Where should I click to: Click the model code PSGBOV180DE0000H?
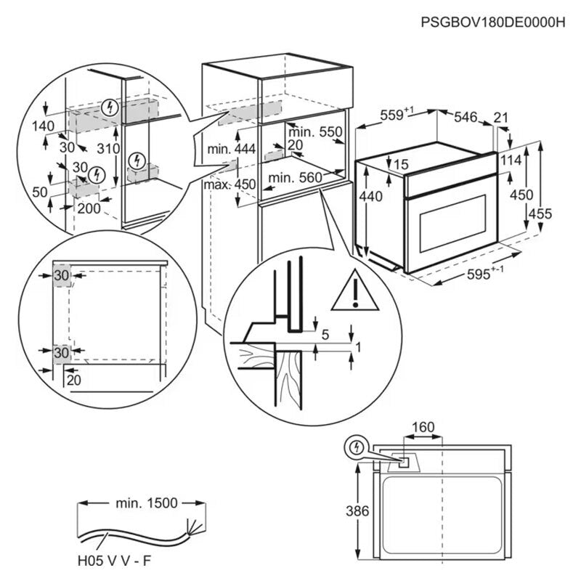tap(492, 23)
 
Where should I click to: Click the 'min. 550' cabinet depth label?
tap(314, 132)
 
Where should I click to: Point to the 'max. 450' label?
tap(230, 184)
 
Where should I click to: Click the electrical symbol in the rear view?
tap(356, 448)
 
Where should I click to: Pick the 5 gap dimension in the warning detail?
tap(325, 335)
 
